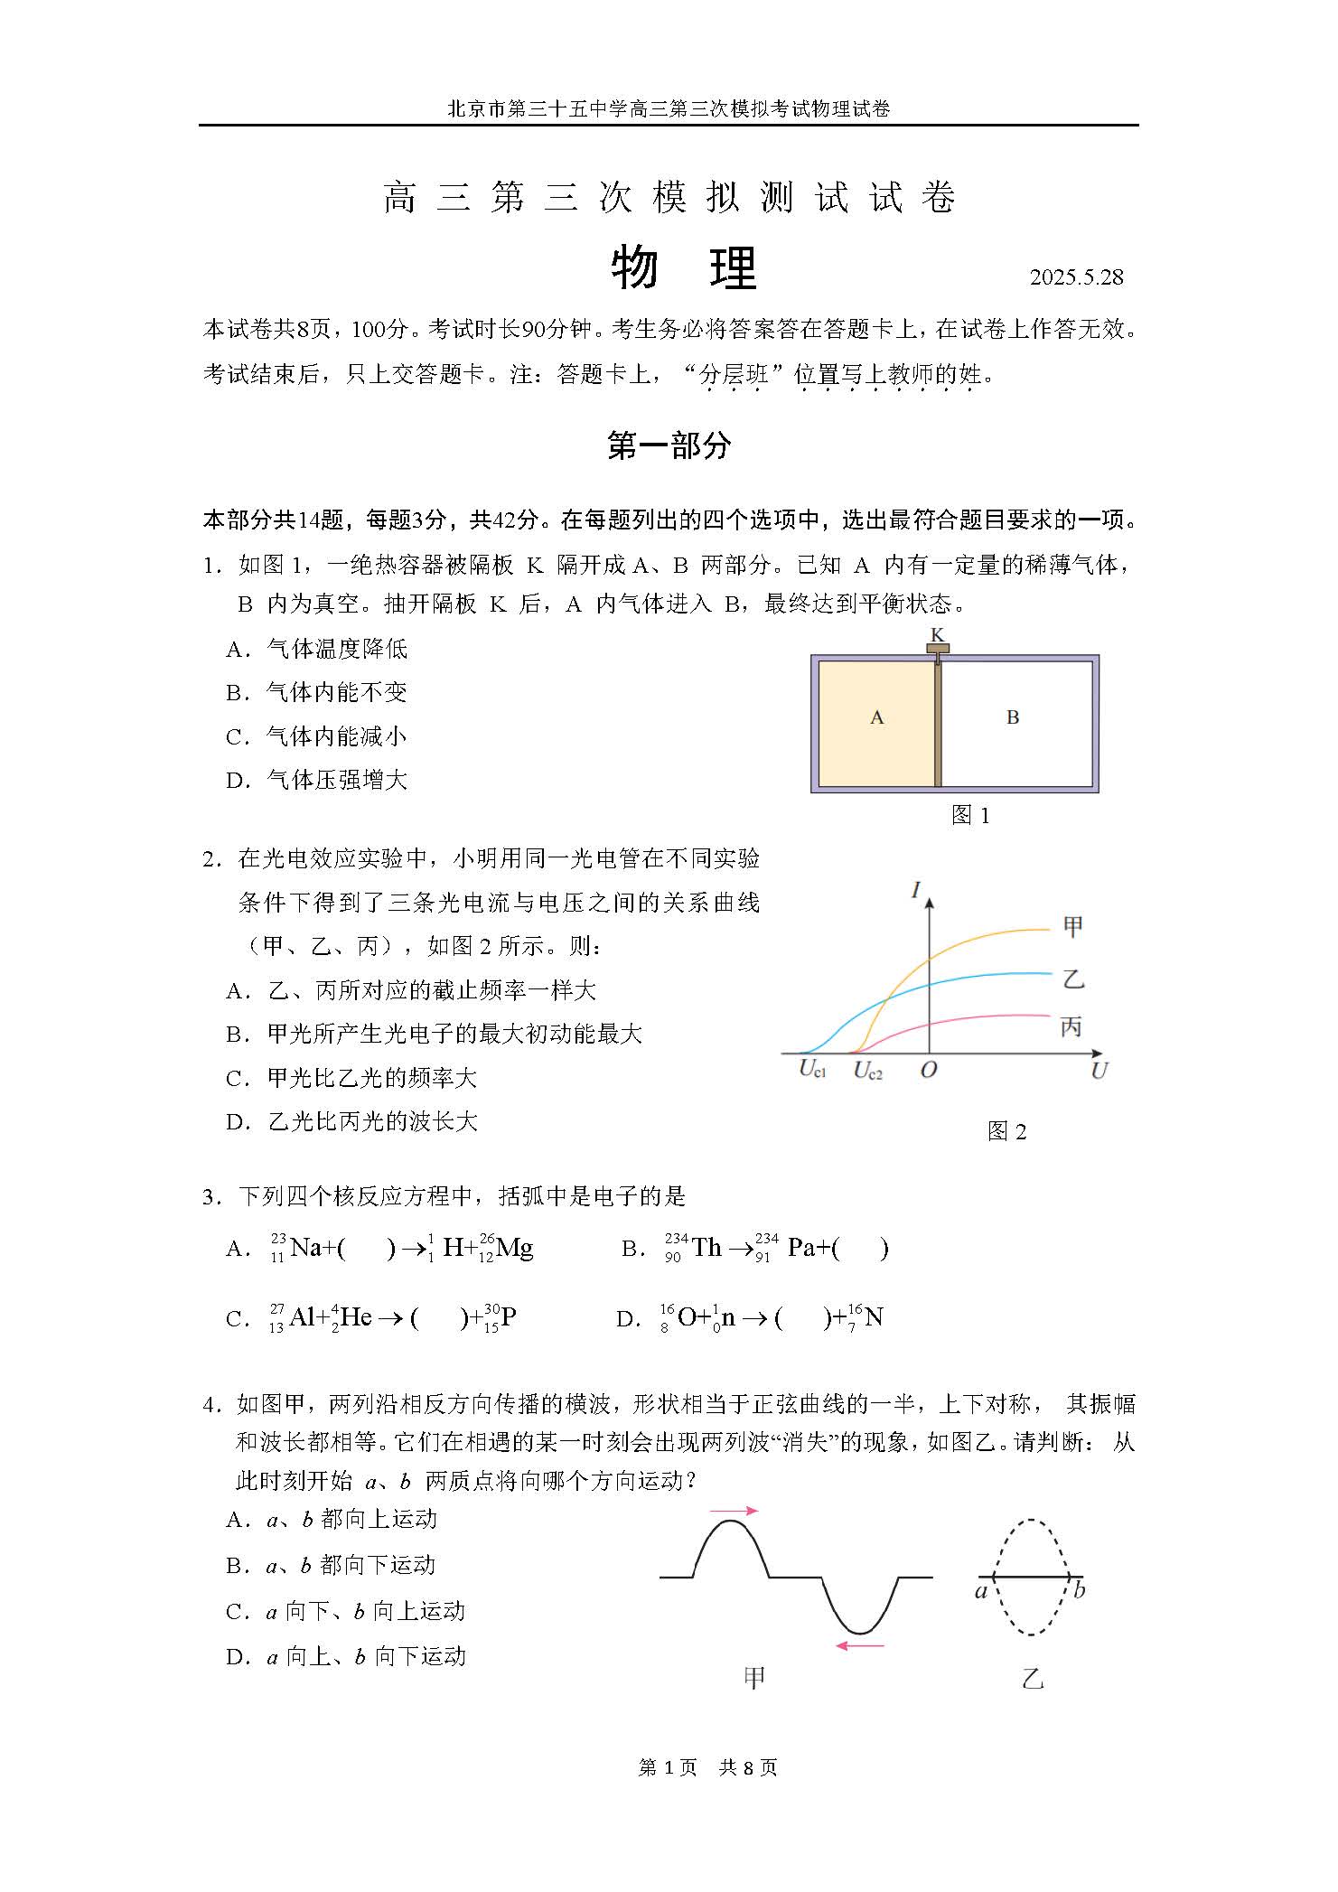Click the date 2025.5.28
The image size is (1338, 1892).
point(1076,277)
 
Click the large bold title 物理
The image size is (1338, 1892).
point(684,268)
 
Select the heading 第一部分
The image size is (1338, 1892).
point(669,445)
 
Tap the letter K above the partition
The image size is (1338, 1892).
point(938,634)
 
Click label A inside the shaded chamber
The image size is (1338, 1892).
point(876,717)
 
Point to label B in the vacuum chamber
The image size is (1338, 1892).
point(1013,717)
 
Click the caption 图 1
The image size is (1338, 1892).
point(970,816)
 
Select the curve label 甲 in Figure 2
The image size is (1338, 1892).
point(1072,926)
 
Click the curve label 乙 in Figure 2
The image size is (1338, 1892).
point(1072,979)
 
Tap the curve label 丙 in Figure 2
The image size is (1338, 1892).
point(1071,1026)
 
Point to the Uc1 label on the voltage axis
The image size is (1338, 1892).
point(812,1070)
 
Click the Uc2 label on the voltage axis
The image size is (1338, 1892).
point(867,1072)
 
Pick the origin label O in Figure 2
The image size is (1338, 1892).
point(928,1071)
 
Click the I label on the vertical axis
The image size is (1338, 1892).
point(916,891)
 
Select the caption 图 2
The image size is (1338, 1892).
point(1006,1132)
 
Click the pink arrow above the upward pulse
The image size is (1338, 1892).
point(734,1510)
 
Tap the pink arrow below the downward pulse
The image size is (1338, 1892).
point(859,1646)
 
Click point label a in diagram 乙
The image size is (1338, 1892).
point(980,1591)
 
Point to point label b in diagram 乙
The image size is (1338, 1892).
point(1079,1591)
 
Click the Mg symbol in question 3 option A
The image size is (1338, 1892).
point(514,1249)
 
